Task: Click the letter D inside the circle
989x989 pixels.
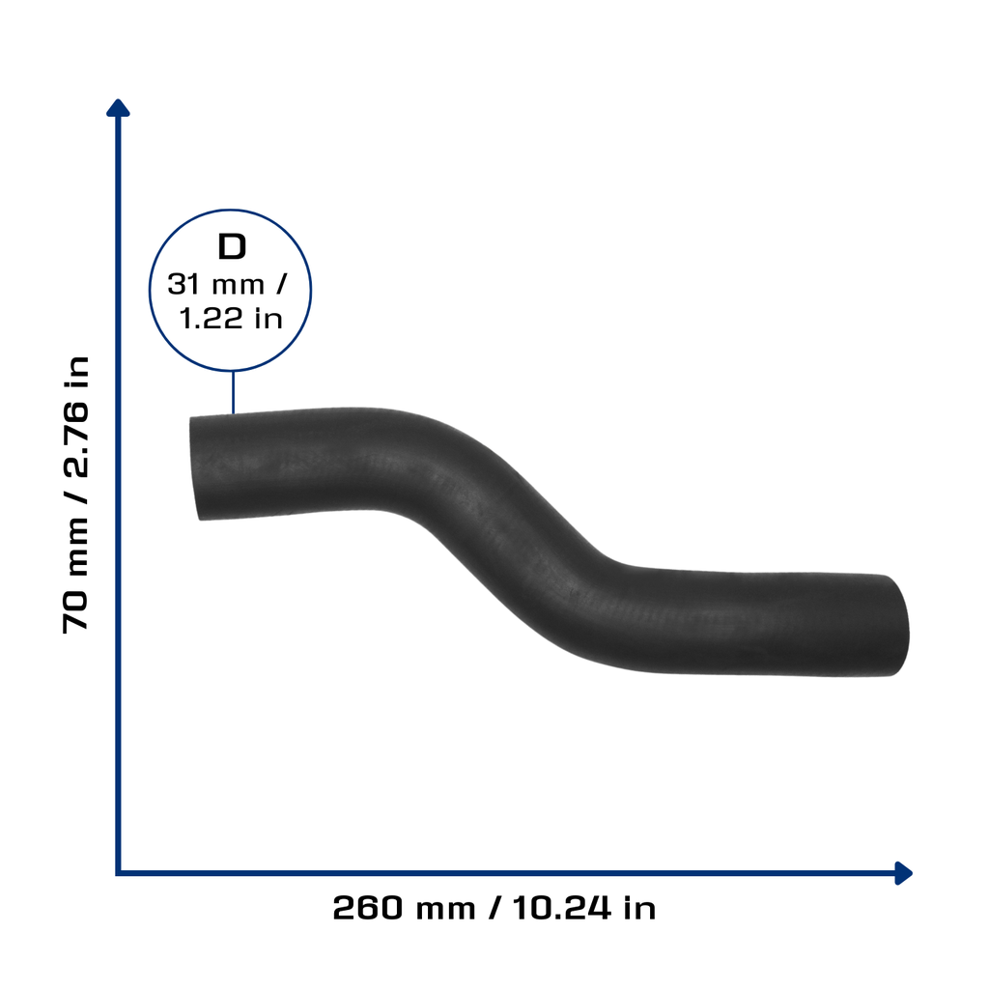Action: [x=232, y=246]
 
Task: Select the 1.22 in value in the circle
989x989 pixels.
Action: [x=230, y=319]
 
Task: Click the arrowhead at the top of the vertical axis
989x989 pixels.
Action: [x=118, y=108]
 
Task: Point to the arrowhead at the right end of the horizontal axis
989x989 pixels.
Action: [x=903, y=873]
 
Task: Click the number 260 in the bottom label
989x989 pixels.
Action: [x=368, y=908]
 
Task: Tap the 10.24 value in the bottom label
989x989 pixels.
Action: [x=561, y=908]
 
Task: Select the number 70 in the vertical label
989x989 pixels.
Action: [x=76, y=611]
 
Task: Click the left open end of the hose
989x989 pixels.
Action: [x=195, y=468]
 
